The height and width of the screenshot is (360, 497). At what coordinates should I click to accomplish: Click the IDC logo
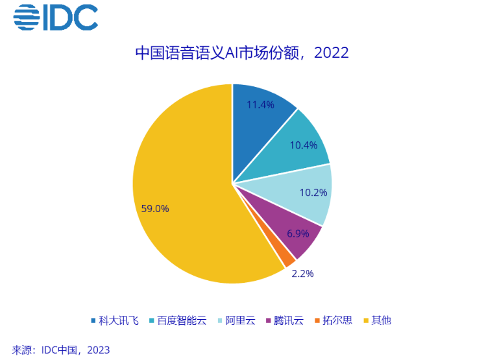56,18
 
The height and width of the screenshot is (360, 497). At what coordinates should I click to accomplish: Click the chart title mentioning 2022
241,53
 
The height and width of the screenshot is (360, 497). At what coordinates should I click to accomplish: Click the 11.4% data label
261,104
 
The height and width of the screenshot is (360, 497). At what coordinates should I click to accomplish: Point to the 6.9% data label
298,232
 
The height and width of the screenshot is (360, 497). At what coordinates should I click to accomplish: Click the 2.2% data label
302,274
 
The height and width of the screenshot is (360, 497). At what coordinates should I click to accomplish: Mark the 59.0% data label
155,208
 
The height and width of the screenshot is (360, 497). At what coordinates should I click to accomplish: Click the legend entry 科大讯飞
115,320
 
